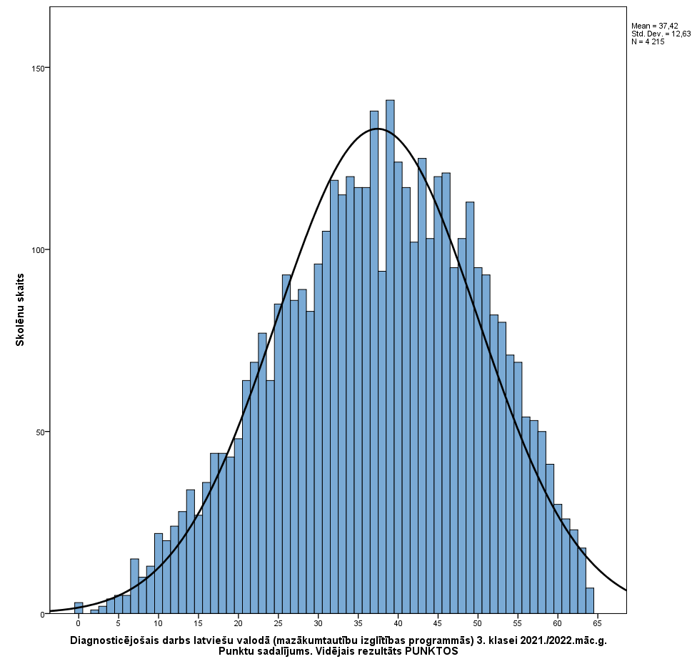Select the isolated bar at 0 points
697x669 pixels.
[x=79, y=608]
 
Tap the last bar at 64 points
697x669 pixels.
[x=590, y=601]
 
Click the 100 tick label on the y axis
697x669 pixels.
[x=39, y=250]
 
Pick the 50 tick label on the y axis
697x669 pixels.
[x=41, y=432]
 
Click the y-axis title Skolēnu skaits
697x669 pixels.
[x=20, y=309]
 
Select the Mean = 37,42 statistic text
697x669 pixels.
[x=655, y=26]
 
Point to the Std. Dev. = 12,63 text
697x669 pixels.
[x=661, y=34]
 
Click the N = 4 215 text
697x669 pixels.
[x=648, y=41]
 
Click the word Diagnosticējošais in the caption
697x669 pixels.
[x=115, y=640]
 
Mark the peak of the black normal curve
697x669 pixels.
[x=378, y=129]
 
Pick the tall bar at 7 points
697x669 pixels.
[x=134, y=586]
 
